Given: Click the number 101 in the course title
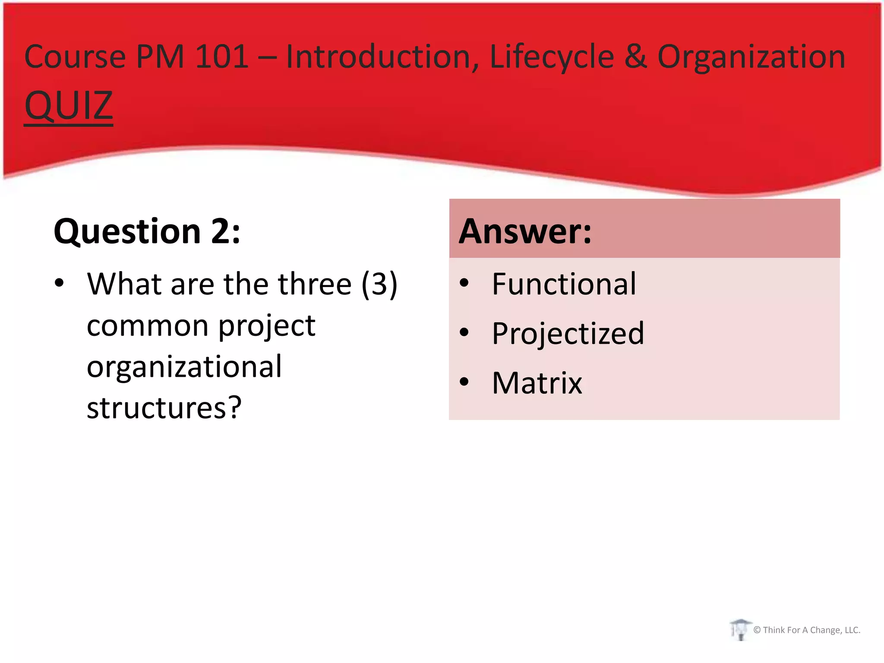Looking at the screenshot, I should click(222, 57).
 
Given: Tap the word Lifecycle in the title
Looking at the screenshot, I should click(552, 57).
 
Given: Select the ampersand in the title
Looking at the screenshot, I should click(635, 57).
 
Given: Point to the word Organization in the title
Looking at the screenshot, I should click(751, 57).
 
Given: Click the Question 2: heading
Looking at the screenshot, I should click(147, 231).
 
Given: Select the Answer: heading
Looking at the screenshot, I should click(525, 231).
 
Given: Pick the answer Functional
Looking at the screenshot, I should click(564, 284).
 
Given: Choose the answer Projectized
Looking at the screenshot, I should click(568, 334).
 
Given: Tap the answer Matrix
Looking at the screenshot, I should click(537, 383).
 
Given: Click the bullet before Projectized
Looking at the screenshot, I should click(464, 332).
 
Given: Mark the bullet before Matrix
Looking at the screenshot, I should click(464, 382).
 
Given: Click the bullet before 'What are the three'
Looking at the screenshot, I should click(59, 283).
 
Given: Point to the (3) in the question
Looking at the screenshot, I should click(379, 284).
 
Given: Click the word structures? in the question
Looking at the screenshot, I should click(164, 407).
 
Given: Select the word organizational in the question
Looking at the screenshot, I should click(184, 366).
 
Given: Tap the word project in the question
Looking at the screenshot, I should click(267, 326).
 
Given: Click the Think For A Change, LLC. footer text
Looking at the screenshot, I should click(811, 630).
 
